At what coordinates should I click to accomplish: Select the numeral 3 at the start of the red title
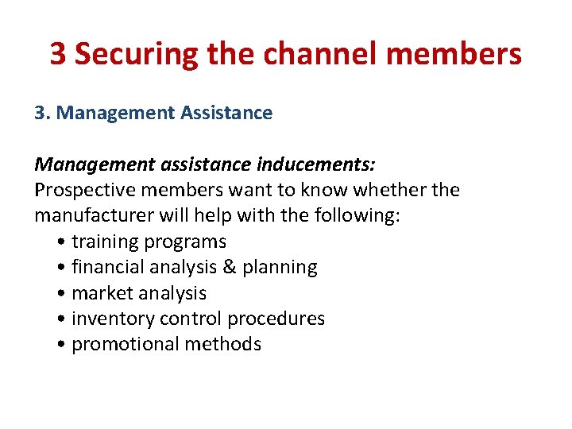pyautogui.click(x=58, y=54)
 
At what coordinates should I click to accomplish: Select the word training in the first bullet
pyautogui.click(x=102, y=242)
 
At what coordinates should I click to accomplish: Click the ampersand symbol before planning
pyautogui.click(x=230, y=267)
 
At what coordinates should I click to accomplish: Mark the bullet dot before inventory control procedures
pyautogui.click(x=62, y=319)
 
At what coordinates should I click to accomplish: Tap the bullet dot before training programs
pyautogui.click(x=62, y=242)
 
